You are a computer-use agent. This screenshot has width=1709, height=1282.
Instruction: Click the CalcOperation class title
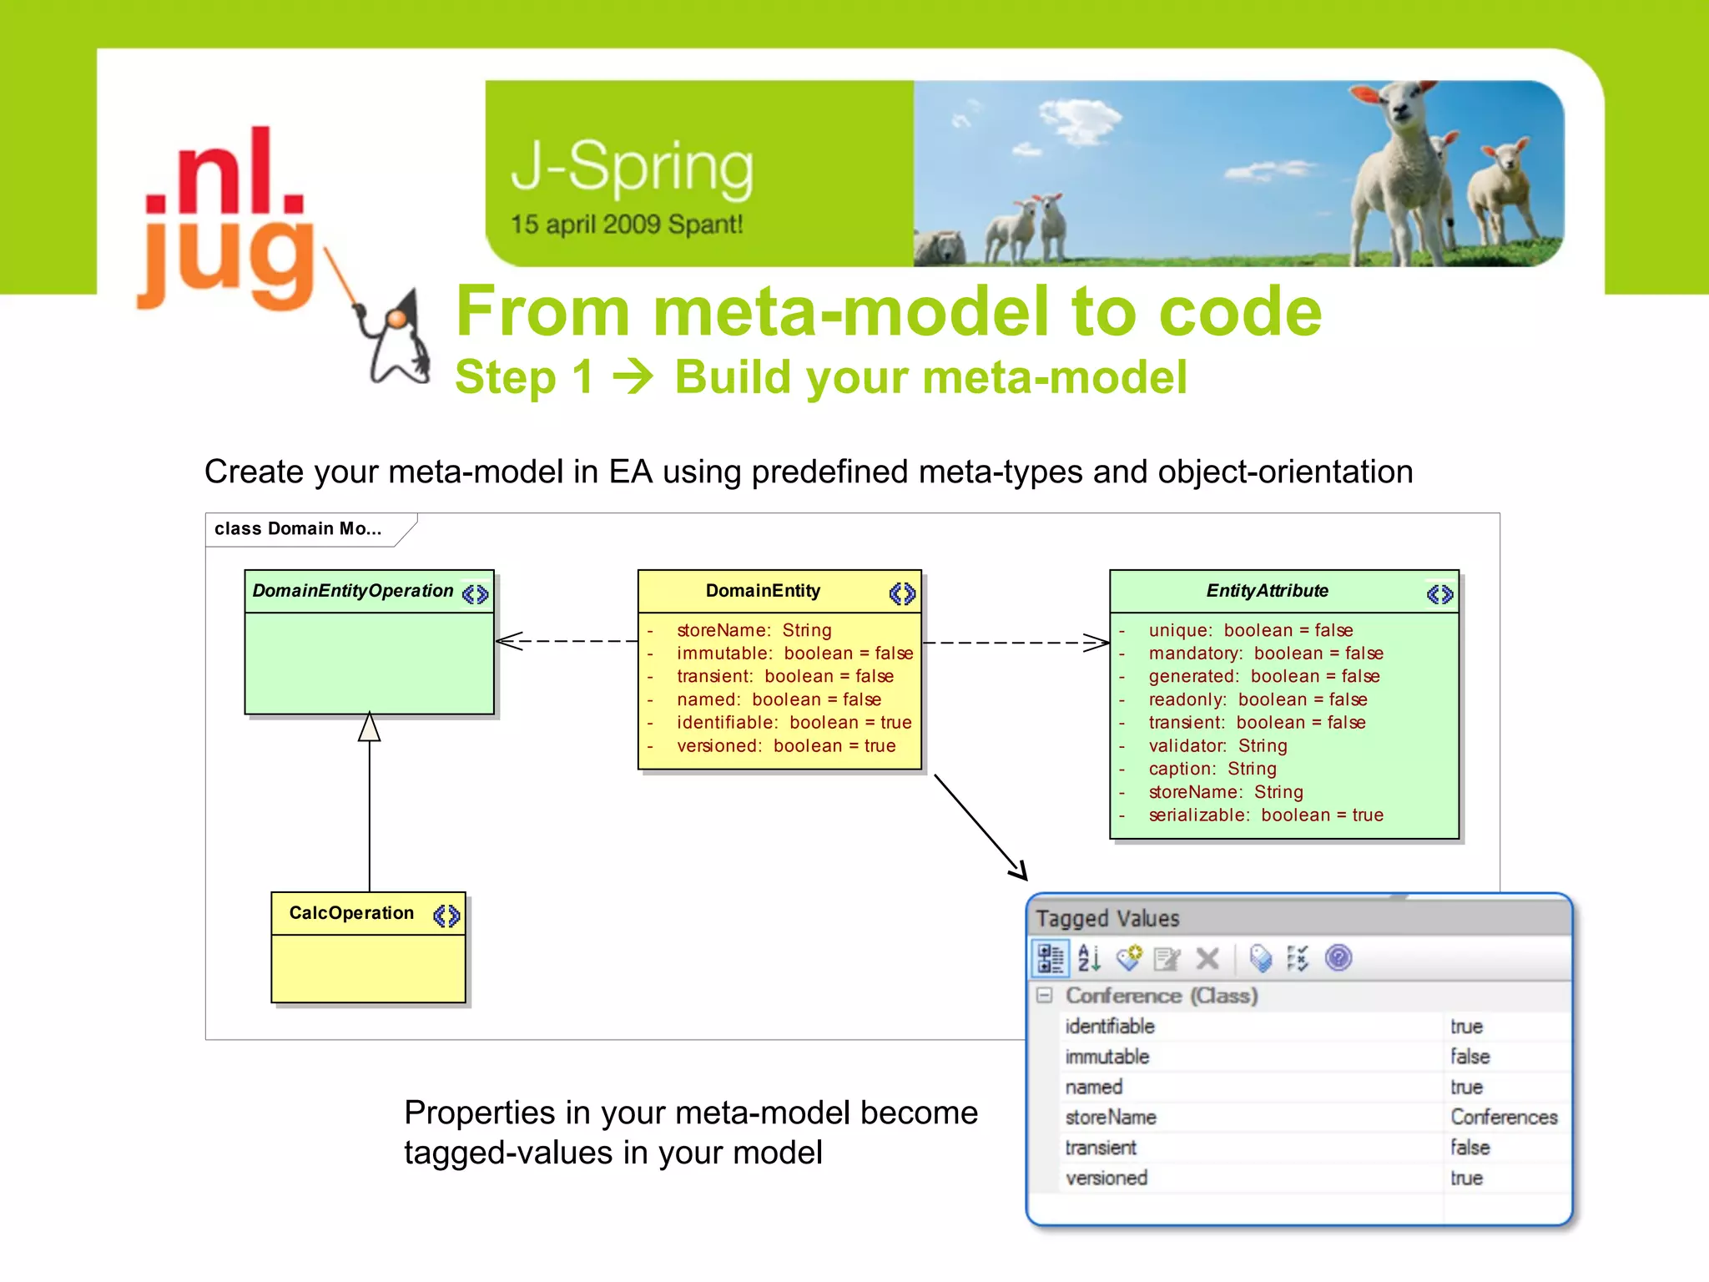[351, 913]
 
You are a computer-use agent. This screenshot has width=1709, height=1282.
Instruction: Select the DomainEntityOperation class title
[352, 591]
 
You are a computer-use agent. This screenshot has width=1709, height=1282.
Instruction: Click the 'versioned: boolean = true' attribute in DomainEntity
[785, 746]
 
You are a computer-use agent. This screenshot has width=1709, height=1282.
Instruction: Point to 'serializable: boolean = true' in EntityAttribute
[1265, 815]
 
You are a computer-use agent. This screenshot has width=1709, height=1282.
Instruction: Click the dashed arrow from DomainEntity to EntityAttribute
[1014, 643]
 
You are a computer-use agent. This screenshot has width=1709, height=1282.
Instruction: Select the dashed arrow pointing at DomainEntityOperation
[567, 641]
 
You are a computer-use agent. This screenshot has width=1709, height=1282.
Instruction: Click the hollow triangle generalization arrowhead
[370, 727]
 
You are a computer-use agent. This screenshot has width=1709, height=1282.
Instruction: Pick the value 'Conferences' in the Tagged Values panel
[1503, 1118]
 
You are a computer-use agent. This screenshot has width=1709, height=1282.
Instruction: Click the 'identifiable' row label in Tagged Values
[1110, 1027]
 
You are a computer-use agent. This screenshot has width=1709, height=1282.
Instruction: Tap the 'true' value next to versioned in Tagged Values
[1466, 1179]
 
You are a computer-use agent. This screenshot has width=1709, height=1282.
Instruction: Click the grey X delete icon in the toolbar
[1207, 959]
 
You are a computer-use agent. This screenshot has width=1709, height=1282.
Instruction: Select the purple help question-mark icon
[1338, 958]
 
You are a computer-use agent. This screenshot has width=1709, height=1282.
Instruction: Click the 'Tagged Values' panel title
[1107, 919]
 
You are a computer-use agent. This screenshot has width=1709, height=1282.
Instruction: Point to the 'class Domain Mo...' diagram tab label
[298, 529]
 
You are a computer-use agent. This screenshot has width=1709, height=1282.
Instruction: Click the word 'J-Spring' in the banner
[632, 167]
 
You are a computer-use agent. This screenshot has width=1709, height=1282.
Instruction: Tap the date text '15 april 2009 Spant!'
[626, 225]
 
